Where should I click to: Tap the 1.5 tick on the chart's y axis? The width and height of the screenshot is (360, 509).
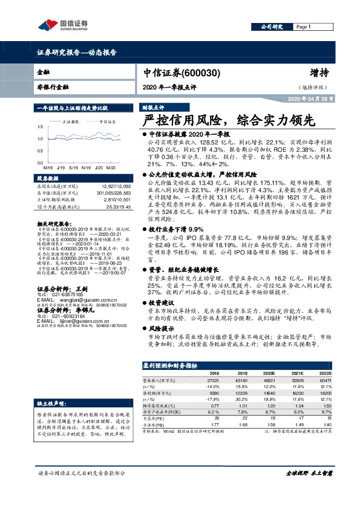40,127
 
